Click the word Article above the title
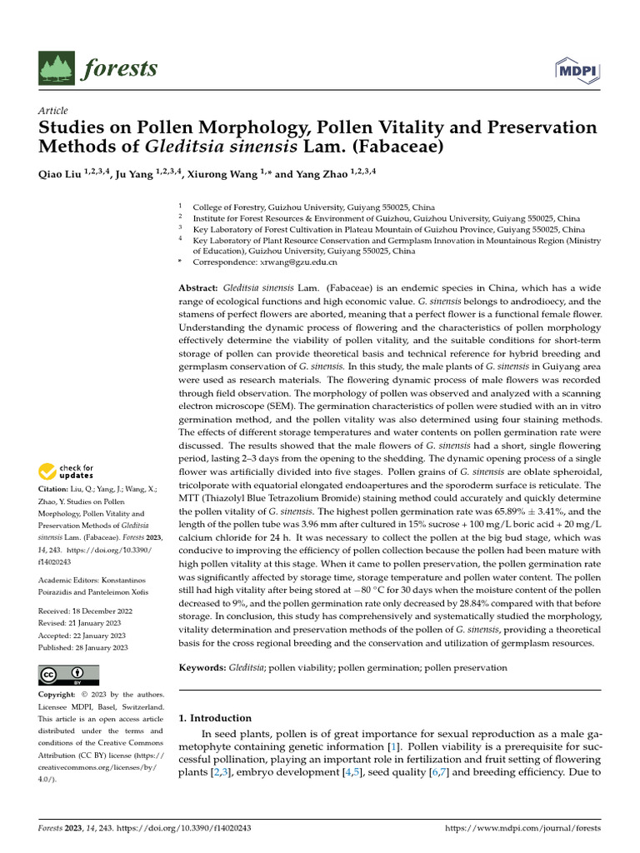click(53, 111)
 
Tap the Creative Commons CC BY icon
click(68, 675)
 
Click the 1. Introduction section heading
click(215, 718)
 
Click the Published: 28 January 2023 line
click(83, 647)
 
